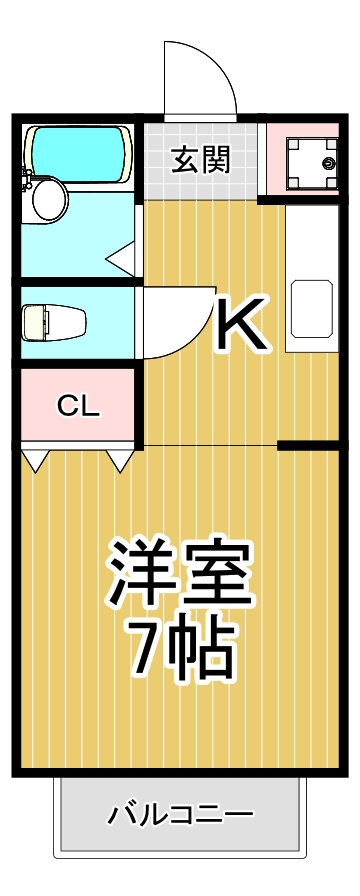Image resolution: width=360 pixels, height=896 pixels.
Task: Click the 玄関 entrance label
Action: [x=202, y=159]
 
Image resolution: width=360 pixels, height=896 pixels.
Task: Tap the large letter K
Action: [x=241, y=322]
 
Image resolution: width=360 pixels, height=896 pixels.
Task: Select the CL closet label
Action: [x=78, y=406]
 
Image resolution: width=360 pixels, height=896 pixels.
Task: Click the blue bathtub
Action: [x=78, y=154]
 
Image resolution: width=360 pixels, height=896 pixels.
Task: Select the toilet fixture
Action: [x=54, y=323]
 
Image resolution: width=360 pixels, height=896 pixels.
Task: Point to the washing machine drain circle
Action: [x=328, y=164]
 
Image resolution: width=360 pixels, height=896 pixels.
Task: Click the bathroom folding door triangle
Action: [x=121, y=257]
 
